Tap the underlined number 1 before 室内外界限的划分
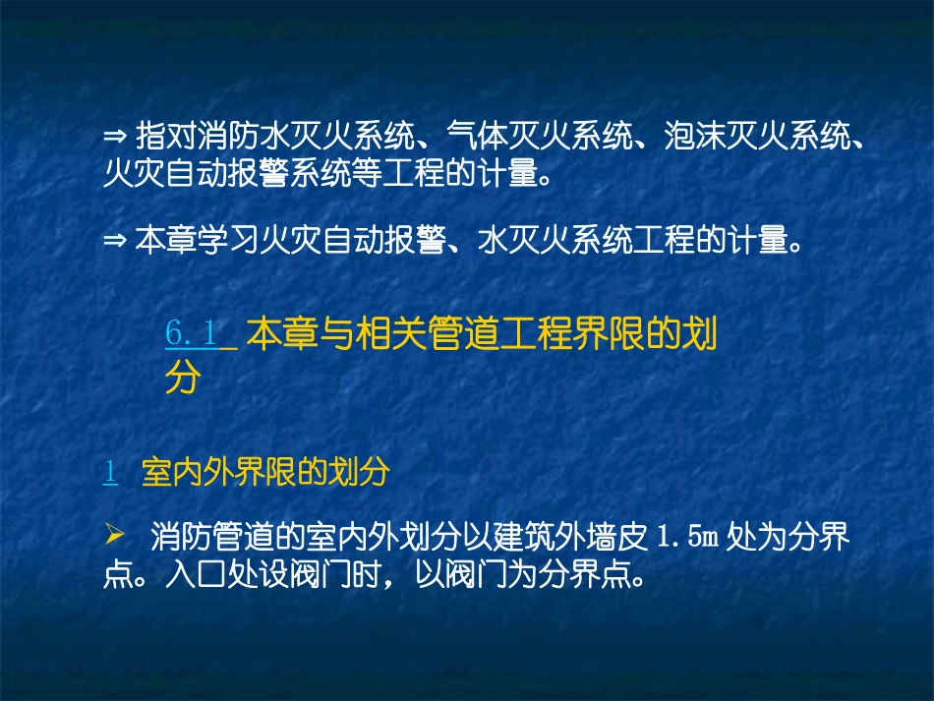tap(110, 473)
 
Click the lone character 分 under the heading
tap(183, 379)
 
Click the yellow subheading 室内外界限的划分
tap(265, 473)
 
